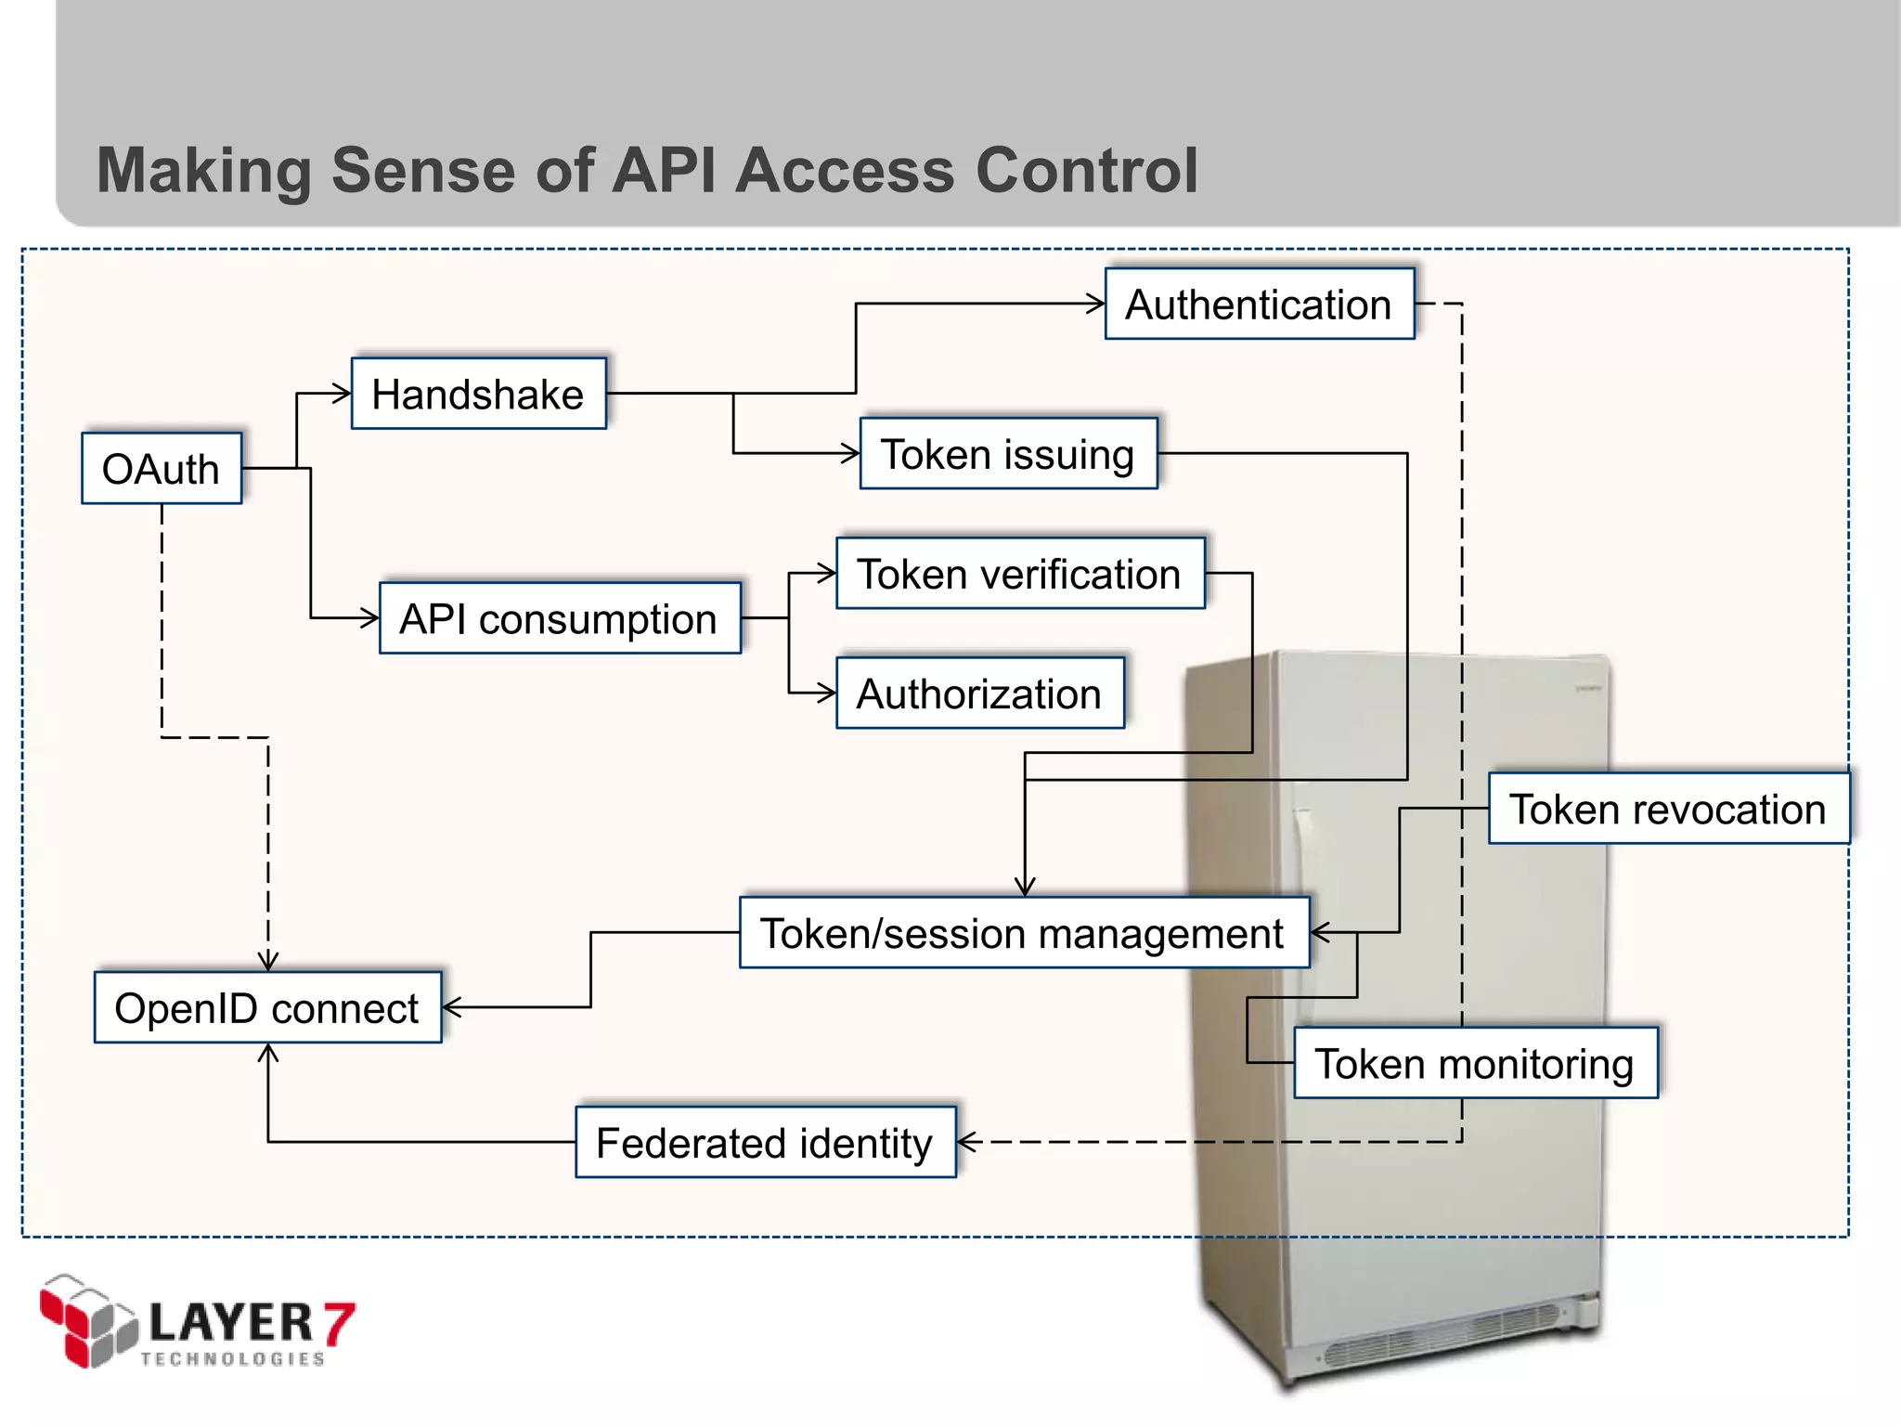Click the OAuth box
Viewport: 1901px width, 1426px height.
click(162, 468)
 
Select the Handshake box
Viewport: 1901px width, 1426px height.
click(478, 394)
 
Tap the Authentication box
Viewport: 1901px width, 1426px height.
click(1259, 304)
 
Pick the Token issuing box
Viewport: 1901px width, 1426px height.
click(1008, 454)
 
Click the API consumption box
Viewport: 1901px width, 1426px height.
click(559, 618)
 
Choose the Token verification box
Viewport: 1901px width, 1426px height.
click(1019, 574)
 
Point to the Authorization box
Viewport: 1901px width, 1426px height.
click(979, 694)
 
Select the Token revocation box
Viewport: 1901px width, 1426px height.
click(1667, 809)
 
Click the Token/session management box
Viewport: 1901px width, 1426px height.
click(1023, 933)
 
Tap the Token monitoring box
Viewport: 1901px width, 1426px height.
click(1474, 1063)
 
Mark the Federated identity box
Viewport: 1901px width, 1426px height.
click(764, 1142)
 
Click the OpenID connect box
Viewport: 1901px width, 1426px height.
click(267, 1007)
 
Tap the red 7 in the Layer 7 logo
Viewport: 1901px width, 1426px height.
click(339, 1322)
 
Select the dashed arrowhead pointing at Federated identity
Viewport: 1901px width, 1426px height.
click(966, 1142)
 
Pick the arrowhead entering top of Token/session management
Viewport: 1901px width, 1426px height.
click(1025, 888)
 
